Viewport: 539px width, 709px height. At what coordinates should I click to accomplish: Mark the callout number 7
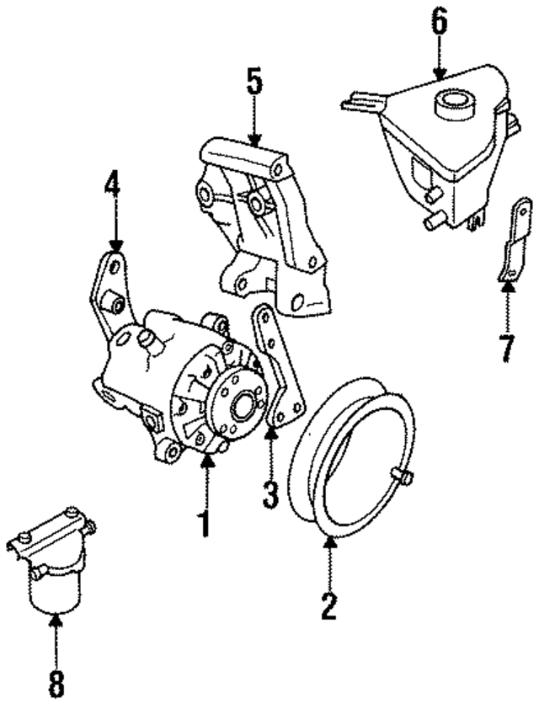[x=506, y=347]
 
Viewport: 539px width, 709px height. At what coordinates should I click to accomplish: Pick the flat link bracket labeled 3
[x=278, y=366]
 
